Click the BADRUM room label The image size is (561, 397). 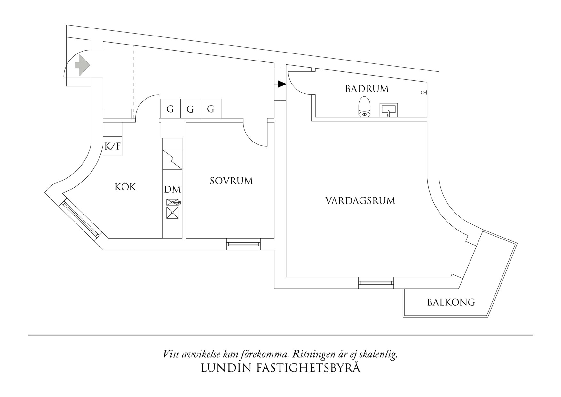pos(367,89)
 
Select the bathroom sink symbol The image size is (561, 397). pos(388,110)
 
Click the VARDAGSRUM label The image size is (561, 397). pos(360,201)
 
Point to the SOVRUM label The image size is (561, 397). pos(231,181)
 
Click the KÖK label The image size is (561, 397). pos(125,187)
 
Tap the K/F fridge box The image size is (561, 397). pos(113,146)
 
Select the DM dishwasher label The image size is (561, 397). pos(172,190)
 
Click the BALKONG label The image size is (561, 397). pos(451,302)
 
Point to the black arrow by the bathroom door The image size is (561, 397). pos(281,84)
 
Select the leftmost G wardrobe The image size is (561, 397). pos(170,109)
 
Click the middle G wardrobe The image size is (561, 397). pos(190,109)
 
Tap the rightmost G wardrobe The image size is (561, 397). pos(210,109)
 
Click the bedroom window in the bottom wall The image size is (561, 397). pos(243,244)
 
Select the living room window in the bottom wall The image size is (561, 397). pos(376,283)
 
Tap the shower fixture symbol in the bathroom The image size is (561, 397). pos(424,93)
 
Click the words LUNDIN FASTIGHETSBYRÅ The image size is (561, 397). pos(280,368)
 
